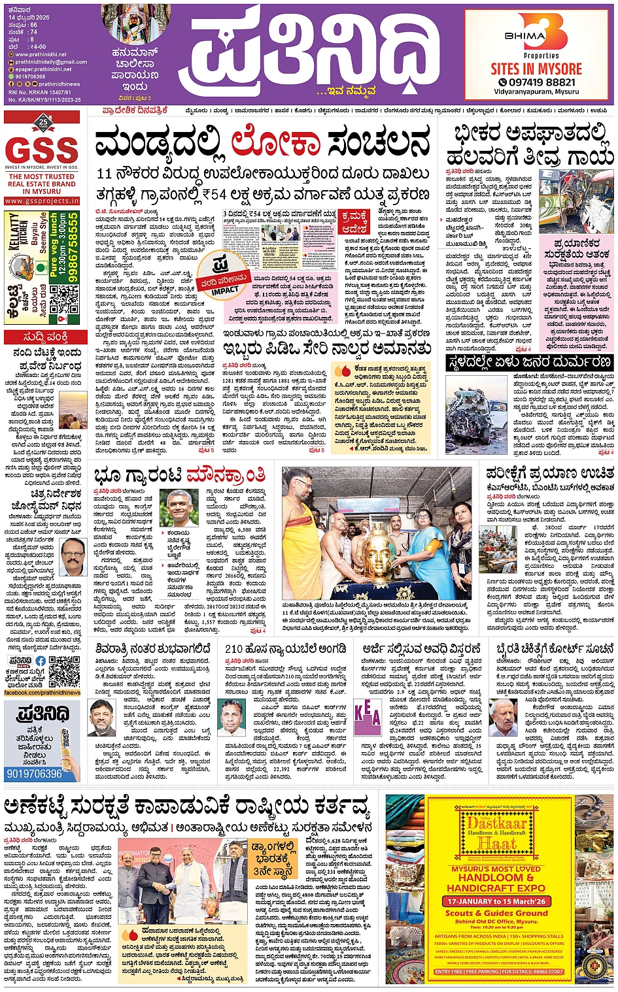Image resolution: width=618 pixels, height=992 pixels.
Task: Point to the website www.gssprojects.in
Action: tap(42, 201)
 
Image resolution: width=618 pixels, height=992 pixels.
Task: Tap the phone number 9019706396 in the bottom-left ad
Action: tap(34, 774)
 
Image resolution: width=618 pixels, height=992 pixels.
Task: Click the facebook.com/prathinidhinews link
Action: tap(42, 693)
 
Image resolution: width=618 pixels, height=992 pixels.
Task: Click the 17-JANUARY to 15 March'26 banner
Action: tap(496, 901)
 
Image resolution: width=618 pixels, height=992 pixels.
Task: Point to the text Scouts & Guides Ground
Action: tap(496, 913)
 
